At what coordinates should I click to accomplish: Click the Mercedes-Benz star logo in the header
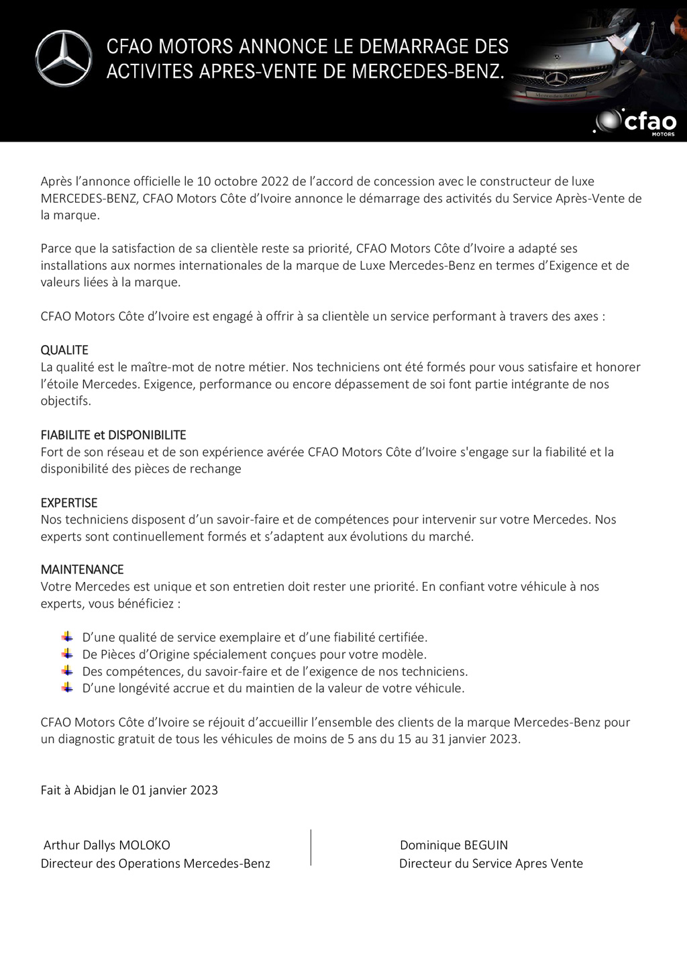click(64, 58)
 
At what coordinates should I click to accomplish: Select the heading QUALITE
click(64, 350)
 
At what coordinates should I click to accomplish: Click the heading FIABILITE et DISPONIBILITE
click(113, 435)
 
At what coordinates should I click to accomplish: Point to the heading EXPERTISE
click(69, 503)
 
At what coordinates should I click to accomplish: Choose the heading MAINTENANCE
click(82, 569)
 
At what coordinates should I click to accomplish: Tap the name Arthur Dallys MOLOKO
click(107, 845)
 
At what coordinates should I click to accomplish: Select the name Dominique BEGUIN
click(454, 845)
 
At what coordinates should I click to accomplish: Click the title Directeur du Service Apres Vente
click(490, 863)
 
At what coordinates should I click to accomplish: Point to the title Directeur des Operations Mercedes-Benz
click(155, 863)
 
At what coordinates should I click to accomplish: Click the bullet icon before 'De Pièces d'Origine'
click(67, 654)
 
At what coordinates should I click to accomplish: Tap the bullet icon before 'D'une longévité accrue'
click(67, 687)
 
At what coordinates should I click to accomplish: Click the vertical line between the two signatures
click(311, 847)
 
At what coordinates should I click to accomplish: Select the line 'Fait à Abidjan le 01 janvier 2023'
click(129, 790)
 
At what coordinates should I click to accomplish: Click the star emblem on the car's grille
click(556, 79)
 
